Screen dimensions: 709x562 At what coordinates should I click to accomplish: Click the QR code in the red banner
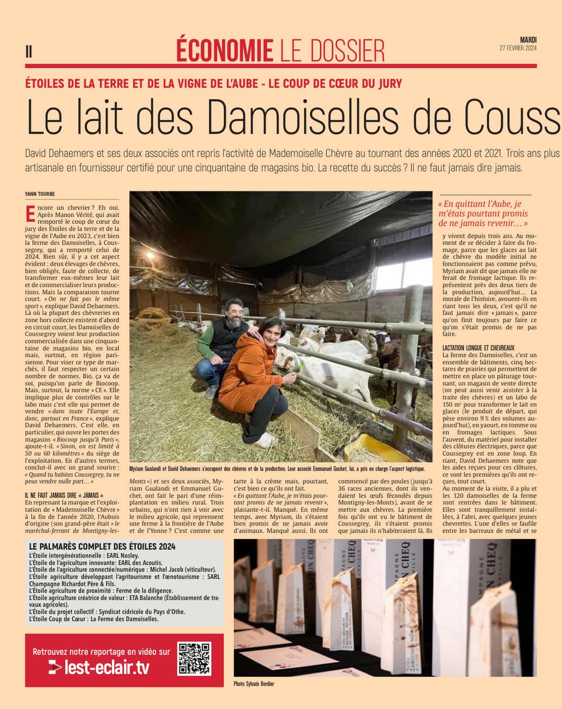pyautogui.click(x=195, y=659)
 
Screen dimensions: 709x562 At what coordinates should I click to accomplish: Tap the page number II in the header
pyautogui.click(x=29, y=51)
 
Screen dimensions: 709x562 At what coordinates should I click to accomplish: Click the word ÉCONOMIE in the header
pyautogui.click(x=224, y=50)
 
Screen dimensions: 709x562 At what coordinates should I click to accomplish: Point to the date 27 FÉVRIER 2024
pyautogui.click(x=518, y=48)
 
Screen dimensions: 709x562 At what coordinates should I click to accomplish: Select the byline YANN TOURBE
pyautogui.click(x=39, y=194)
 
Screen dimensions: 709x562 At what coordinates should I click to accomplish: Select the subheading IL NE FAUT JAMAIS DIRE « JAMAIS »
pyautogui.click(x=64, y=495)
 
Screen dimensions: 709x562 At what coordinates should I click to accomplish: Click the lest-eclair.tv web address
pyautogui.click(x=106, y=668)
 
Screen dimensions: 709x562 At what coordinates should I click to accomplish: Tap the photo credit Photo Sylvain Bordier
pyautogui.click(x=254, y=684)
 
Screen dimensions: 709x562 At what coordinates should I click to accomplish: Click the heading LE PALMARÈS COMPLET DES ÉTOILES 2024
pyautogui.click(x=103, y=546)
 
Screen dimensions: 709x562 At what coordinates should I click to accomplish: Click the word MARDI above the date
pyautogui.click(x=528, y=40)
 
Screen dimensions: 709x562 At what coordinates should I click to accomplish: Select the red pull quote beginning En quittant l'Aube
pyautogui.click(x=483, y=213)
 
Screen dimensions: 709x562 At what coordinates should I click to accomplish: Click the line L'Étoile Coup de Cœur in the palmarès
pyautogui.click(x=94, y=619)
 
